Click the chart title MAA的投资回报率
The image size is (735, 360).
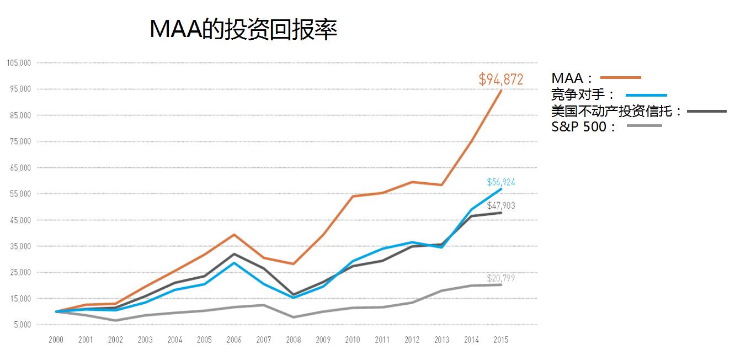point(243,29)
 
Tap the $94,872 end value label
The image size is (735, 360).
point(500,80)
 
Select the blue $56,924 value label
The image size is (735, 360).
point(500,182)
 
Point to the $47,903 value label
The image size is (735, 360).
point(500,206)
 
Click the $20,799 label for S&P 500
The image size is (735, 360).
point(500,278)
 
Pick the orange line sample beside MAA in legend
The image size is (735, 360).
point(620,78)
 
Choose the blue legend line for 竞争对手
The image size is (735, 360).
point(646,95)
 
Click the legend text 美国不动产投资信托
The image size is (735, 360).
point(616,111)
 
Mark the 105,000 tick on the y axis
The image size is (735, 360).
point(19,63)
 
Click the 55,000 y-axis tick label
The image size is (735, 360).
point(20,194)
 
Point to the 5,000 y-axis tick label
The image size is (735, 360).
point(22,325)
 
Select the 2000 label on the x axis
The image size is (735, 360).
point(56,340)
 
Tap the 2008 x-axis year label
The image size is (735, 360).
point(293,340)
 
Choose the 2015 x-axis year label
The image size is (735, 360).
point(500,340)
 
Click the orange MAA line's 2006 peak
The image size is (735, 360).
point(234,235)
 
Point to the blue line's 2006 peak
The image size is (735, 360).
point(234,263)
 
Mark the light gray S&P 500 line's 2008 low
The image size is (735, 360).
point(293,317)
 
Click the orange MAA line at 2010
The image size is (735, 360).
point(353,196)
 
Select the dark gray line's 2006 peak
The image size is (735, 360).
point(234,254)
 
